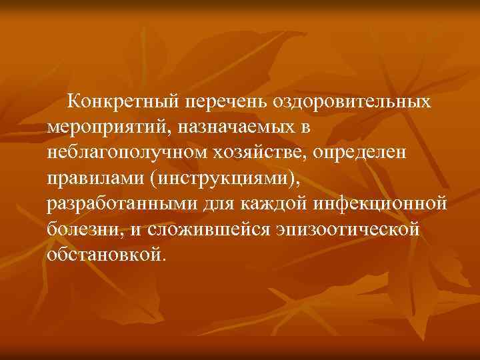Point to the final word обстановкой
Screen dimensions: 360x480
103,254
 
